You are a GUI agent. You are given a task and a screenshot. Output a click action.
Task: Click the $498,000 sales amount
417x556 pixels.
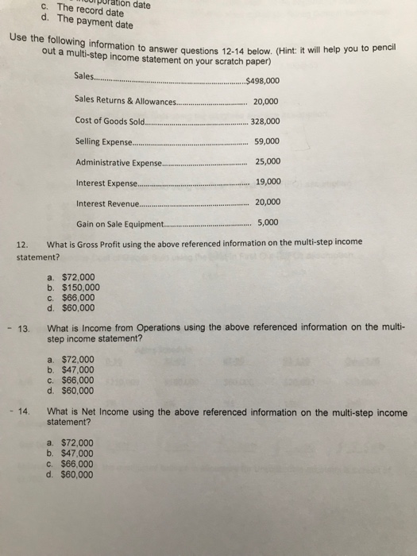[x=263, y=80]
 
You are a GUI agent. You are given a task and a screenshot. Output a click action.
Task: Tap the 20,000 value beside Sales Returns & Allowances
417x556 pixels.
[x=265, y=101]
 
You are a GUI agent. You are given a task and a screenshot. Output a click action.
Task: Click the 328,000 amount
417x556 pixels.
[x=264, y=122]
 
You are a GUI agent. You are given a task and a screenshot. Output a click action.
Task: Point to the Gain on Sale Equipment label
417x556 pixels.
[x=119, y=223]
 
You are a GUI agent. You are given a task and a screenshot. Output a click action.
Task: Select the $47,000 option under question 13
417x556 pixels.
[x=77, y=369]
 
